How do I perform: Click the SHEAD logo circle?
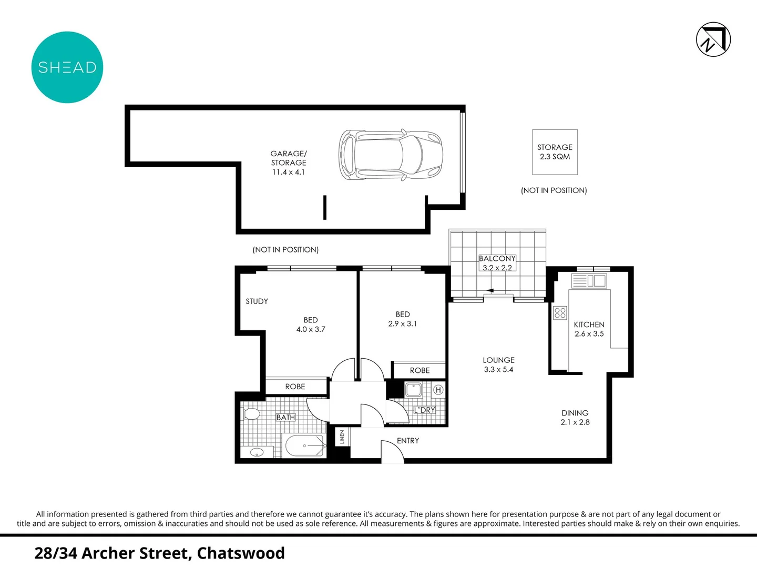[67, 67]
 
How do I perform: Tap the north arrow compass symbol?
[713, 39]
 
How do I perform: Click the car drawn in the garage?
[391, 155]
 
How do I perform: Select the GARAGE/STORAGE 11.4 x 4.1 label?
[289, 163]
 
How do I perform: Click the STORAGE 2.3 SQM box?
[555, 152]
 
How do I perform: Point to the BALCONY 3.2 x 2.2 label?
[497, 263]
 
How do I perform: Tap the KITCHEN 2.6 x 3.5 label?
[589, 329]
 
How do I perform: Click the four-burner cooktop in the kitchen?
[560, 313]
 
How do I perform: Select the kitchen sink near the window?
[597, 281]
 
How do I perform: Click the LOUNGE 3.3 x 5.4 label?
[498, 364]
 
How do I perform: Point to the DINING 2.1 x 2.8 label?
[575, 418]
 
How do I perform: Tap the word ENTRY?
[408, 441]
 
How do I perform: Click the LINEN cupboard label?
[342, 437]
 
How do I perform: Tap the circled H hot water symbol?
[438, 390]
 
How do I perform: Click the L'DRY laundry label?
[424, 410]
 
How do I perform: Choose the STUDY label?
[257, 301]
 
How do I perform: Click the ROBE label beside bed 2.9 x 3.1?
[420, 370]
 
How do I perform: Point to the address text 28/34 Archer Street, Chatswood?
[159, 553]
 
